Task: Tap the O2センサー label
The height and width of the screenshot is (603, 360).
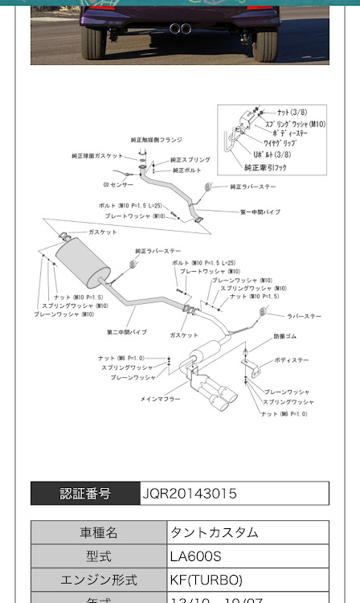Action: pos(117,184)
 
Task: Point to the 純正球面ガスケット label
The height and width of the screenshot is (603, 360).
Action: pos(98,155)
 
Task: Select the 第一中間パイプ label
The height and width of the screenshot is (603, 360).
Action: pos(260,212)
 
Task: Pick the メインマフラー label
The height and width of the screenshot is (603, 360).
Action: pos(161,399)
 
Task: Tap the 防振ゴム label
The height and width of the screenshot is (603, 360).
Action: pos(284,336)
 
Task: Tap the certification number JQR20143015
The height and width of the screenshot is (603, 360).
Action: pos(190,493)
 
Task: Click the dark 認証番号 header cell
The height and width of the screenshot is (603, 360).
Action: pos(85,493)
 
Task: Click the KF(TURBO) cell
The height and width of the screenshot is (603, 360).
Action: pos(206,579)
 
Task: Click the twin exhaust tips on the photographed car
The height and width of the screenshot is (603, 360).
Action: pos(180,29)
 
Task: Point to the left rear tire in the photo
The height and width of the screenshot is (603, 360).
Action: pos(93,43)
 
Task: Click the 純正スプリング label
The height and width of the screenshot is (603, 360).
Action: pos(190,160)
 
